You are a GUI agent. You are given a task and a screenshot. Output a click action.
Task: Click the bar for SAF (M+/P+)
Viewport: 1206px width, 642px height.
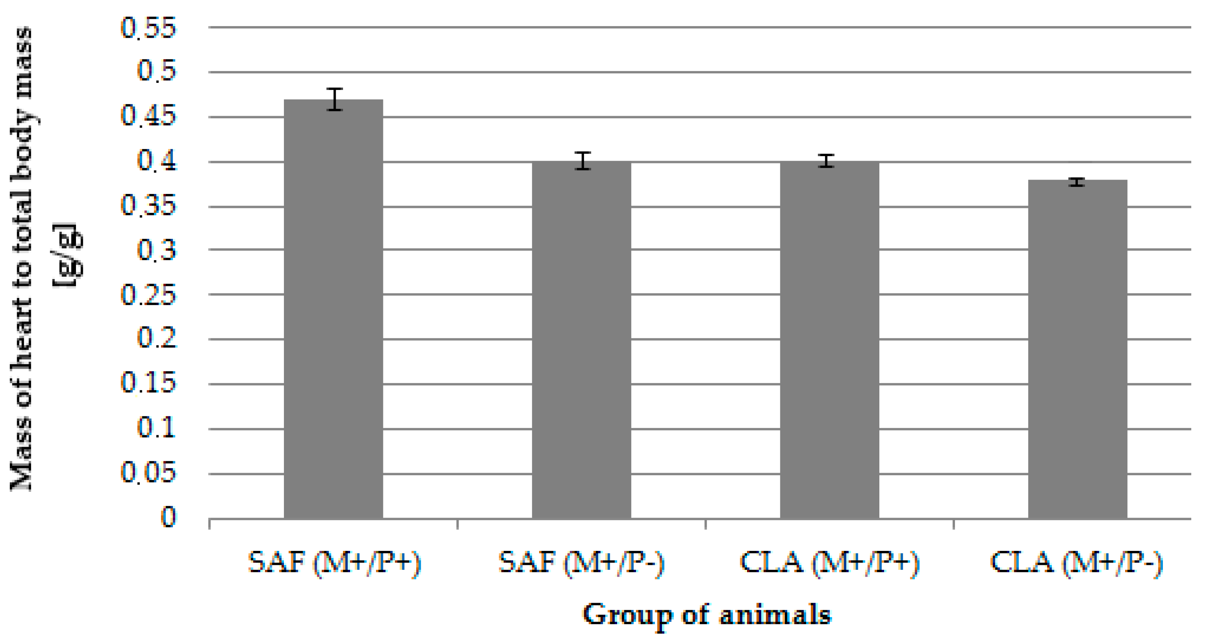pos(333,309)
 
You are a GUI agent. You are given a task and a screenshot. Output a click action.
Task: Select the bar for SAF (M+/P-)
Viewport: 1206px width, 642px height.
pos(581,340)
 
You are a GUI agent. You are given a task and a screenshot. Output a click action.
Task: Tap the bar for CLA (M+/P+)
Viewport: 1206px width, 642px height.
pos(829,340)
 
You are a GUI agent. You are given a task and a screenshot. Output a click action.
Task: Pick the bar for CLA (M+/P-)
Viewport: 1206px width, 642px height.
pos(1077,349)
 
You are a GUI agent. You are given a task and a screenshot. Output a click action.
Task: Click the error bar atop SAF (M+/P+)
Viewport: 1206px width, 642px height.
pos(335,99)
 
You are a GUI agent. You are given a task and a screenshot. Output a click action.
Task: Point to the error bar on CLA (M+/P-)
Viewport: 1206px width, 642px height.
pos(1077,182)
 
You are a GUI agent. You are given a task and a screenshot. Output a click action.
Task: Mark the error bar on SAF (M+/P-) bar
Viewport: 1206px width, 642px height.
pos(583,161)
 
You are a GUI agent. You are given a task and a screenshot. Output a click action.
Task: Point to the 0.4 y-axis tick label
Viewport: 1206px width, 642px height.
pos(157,161)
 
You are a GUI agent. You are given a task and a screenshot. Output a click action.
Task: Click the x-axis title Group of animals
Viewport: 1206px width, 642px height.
pos(707,615)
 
